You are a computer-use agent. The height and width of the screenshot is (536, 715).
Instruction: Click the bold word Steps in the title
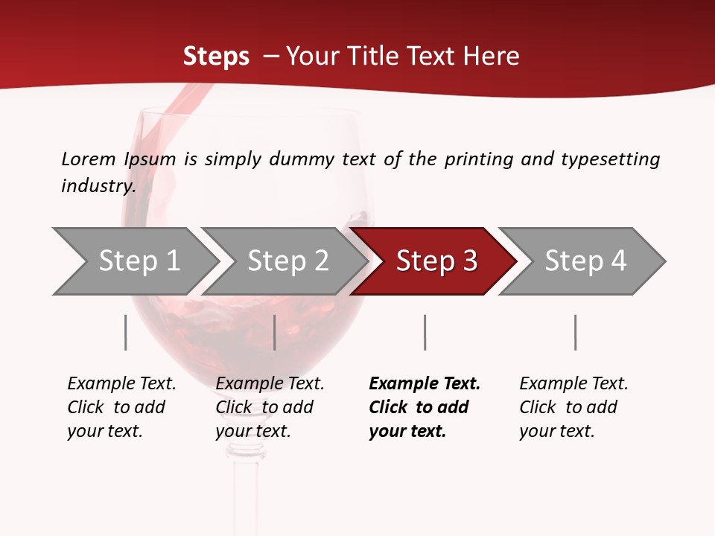(216, 57)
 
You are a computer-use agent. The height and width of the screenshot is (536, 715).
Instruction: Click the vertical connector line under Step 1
(126, 332)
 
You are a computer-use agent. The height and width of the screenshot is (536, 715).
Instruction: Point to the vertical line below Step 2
(275, 332)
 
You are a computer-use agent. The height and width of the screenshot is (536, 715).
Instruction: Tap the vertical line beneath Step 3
(425, 332)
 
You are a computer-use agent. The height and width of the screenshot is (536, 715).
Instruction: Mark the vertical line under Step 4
(575, 332)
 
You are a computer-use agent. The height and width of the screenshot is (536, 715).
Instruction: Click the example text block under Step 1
(121, 407)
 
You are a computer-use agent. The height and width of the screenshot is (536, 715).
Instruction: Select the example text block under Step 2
(270, 407)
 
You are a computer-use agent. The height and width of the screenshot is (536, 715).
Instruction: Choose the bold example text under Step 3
(425, 407)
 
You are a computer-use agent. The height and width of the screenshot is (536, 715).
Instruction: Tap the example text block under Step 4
(573, 407)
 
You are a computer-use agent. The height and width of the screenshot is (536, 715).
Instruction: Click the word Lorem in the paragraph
(88, 159)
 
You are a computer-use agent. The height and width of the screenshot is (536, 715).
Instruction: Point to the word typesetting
(610, 159)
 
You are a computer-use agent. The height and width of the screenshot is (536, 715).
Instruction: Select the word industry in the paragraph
(98, 185)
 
